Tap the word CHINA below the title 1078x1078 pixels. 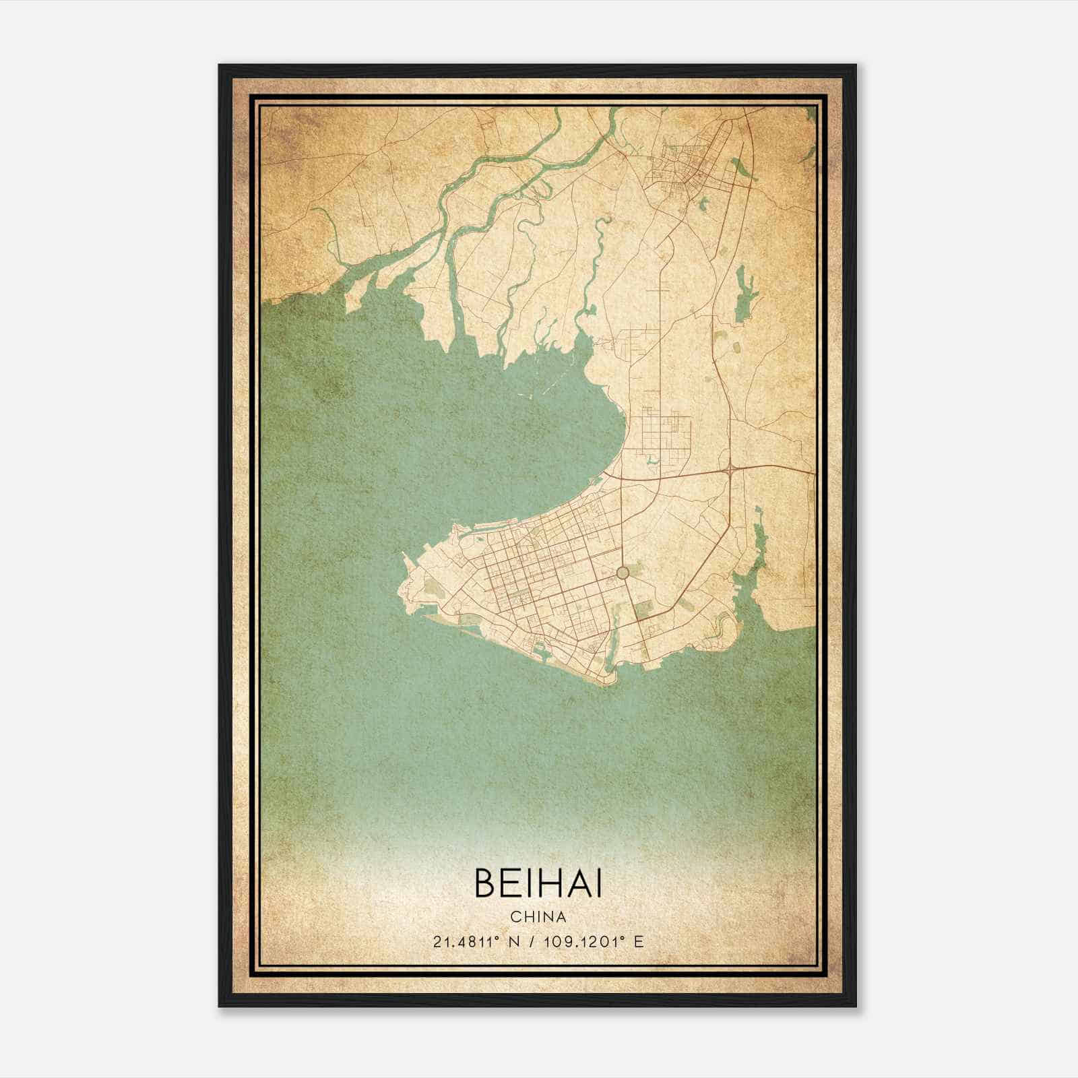[538, 917]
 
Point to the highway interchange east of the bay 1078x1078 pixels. [731, 467]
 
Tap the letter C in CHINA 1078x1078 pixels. [515, 917]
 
